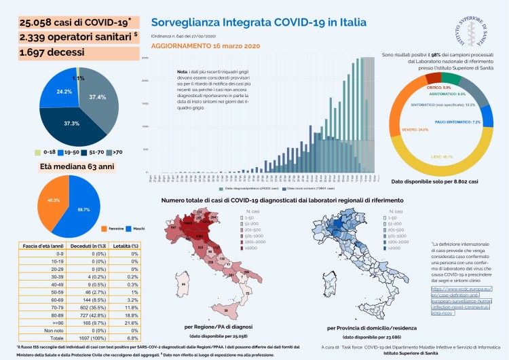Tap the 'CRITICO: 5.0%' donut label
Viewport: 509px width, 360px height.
click(426, 87)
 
